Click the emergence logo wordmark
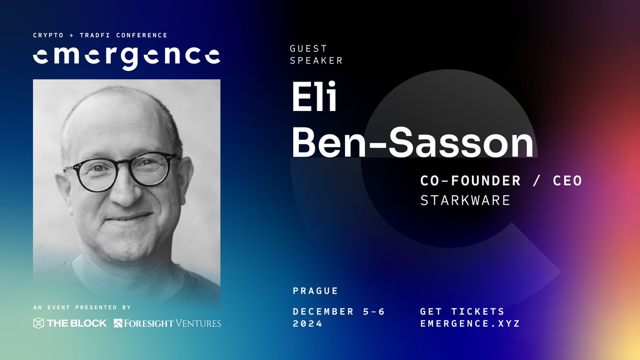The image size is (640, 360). [126, 56]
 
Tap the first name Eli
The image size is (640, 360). [315, 97]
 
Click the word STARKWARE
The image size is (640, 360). [465, 201]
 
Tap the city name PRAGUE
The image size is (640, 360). [316, 291]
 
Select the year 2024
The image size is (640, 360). [308, 323]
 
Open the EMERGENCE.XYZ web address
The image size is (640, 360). [469, 323]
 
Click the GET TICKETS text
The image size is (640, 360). [462, 311]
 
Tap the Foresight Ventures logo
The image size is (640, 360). [167, 323]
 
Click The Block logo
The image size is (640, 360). [70, 323]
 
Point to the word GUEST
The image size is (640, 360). [308, 49]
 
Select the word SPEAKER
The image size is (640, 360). [316, 61]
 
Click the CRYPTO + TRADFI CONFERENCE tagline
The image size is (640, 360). [100, 35]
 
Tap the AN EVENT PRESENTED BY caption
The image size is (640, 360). [82, 308]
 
